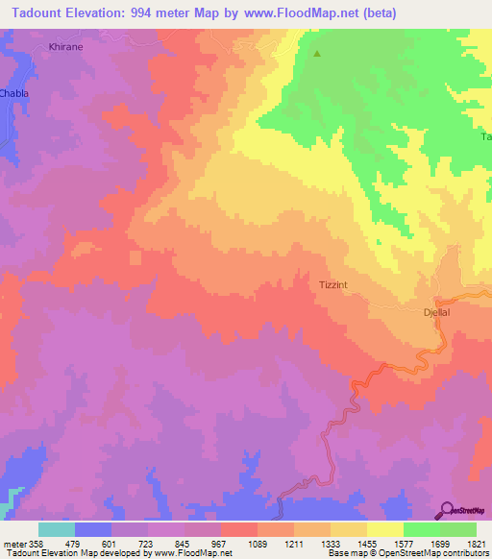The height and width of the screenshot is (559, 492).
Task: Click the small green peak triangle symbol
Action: tap(318, 53)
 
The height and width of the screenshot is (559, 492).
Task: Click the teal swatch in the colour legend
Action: tap(57, 529)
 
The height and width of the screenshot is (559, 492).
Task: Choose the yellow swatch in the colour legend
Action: tap(385, 529)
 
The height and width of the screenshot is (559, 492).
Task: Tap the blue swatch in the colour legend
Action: tap(93, 529)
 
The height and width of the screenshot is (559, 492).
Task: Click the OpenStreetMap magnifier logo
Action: tap(447, 509)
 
